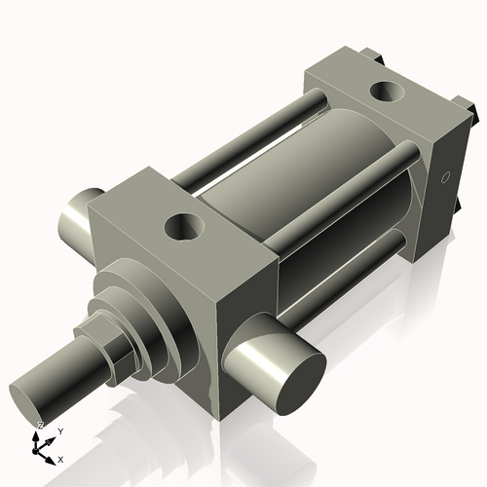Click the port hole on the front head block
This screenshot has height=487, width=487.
[x=183, y=228]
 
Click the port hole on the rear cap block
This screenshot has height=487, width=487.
[x=389, y=94]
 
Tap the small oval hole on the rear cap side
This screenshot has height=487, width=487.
[x=445, y=178]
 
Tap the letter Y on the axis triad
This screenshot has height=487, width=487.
[x=59, y=431]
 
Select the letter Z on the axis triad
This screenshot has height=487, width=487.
[x=40, y=426]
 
